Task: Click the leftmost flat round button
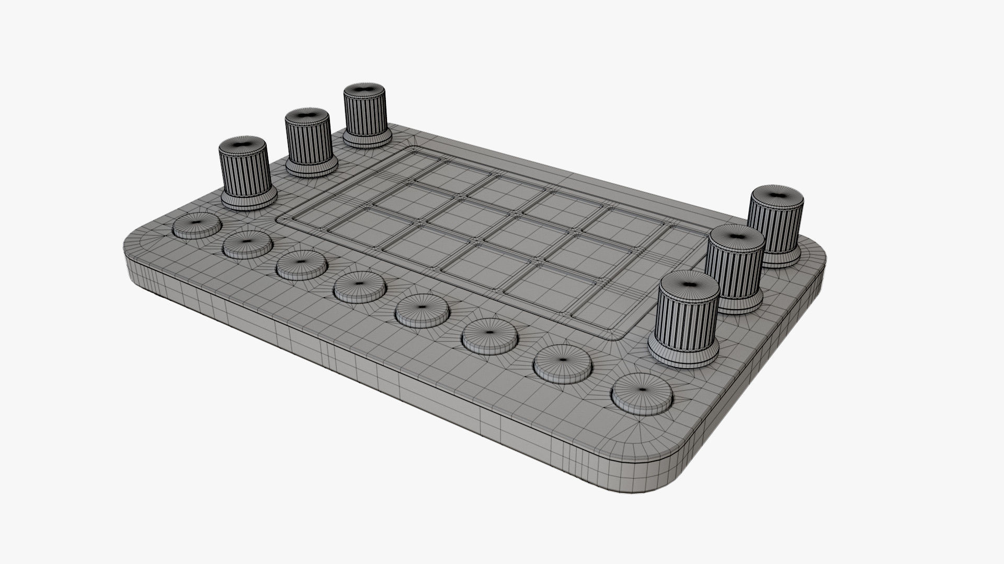pos(197,226)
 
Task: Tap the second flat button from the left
pos(247,244)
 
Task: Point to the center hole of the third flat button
pos(302,261)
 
